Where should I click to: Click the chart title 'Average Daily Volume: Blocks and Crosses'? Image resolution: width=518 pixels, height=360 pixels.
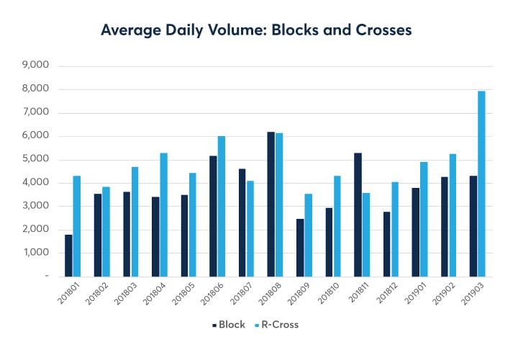pos(258,30)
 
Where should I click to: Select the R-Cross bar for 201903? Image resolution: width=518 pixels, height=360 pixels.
pos(481,184)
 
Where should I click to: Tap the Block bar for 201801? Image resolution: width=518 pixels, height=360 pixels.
pos(68,256)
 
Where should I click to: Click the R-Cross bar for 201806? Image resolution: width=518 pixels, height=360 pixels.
pos(222,206)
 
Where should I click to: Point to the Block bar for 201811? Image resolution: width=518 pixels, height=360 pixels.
pos(358,215)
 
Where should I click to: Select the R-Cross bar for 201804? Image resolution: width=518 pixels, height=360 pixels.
pos(163,215)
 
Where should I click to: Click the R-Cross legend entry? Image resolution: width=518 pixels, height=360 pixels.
pos(277,325)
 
